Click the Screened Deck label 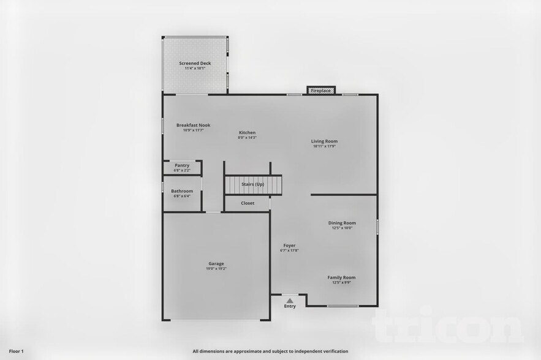point(195,63)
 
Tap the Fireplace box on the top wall point(321,91)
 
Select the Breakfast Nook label point(193,125)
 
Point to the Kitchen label point(247,132)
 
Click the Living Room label point(324,141)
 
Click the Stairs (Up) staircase point(253,184)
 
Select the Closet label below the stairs point(248,203)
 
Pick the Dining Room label point(342,223)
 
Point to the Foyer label point(289,246)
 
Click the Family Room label point(341,277)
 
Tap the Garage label point(216,264)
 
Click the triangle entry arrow point(290,300)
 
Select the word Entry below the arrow point(290,306)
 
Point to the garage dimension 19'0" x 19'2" point(216,269)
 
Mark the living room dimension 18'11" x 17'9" point(324,146)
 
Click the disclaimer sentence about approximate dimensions point(270,351)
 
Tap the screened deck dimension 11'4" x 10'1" point(195,68)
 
